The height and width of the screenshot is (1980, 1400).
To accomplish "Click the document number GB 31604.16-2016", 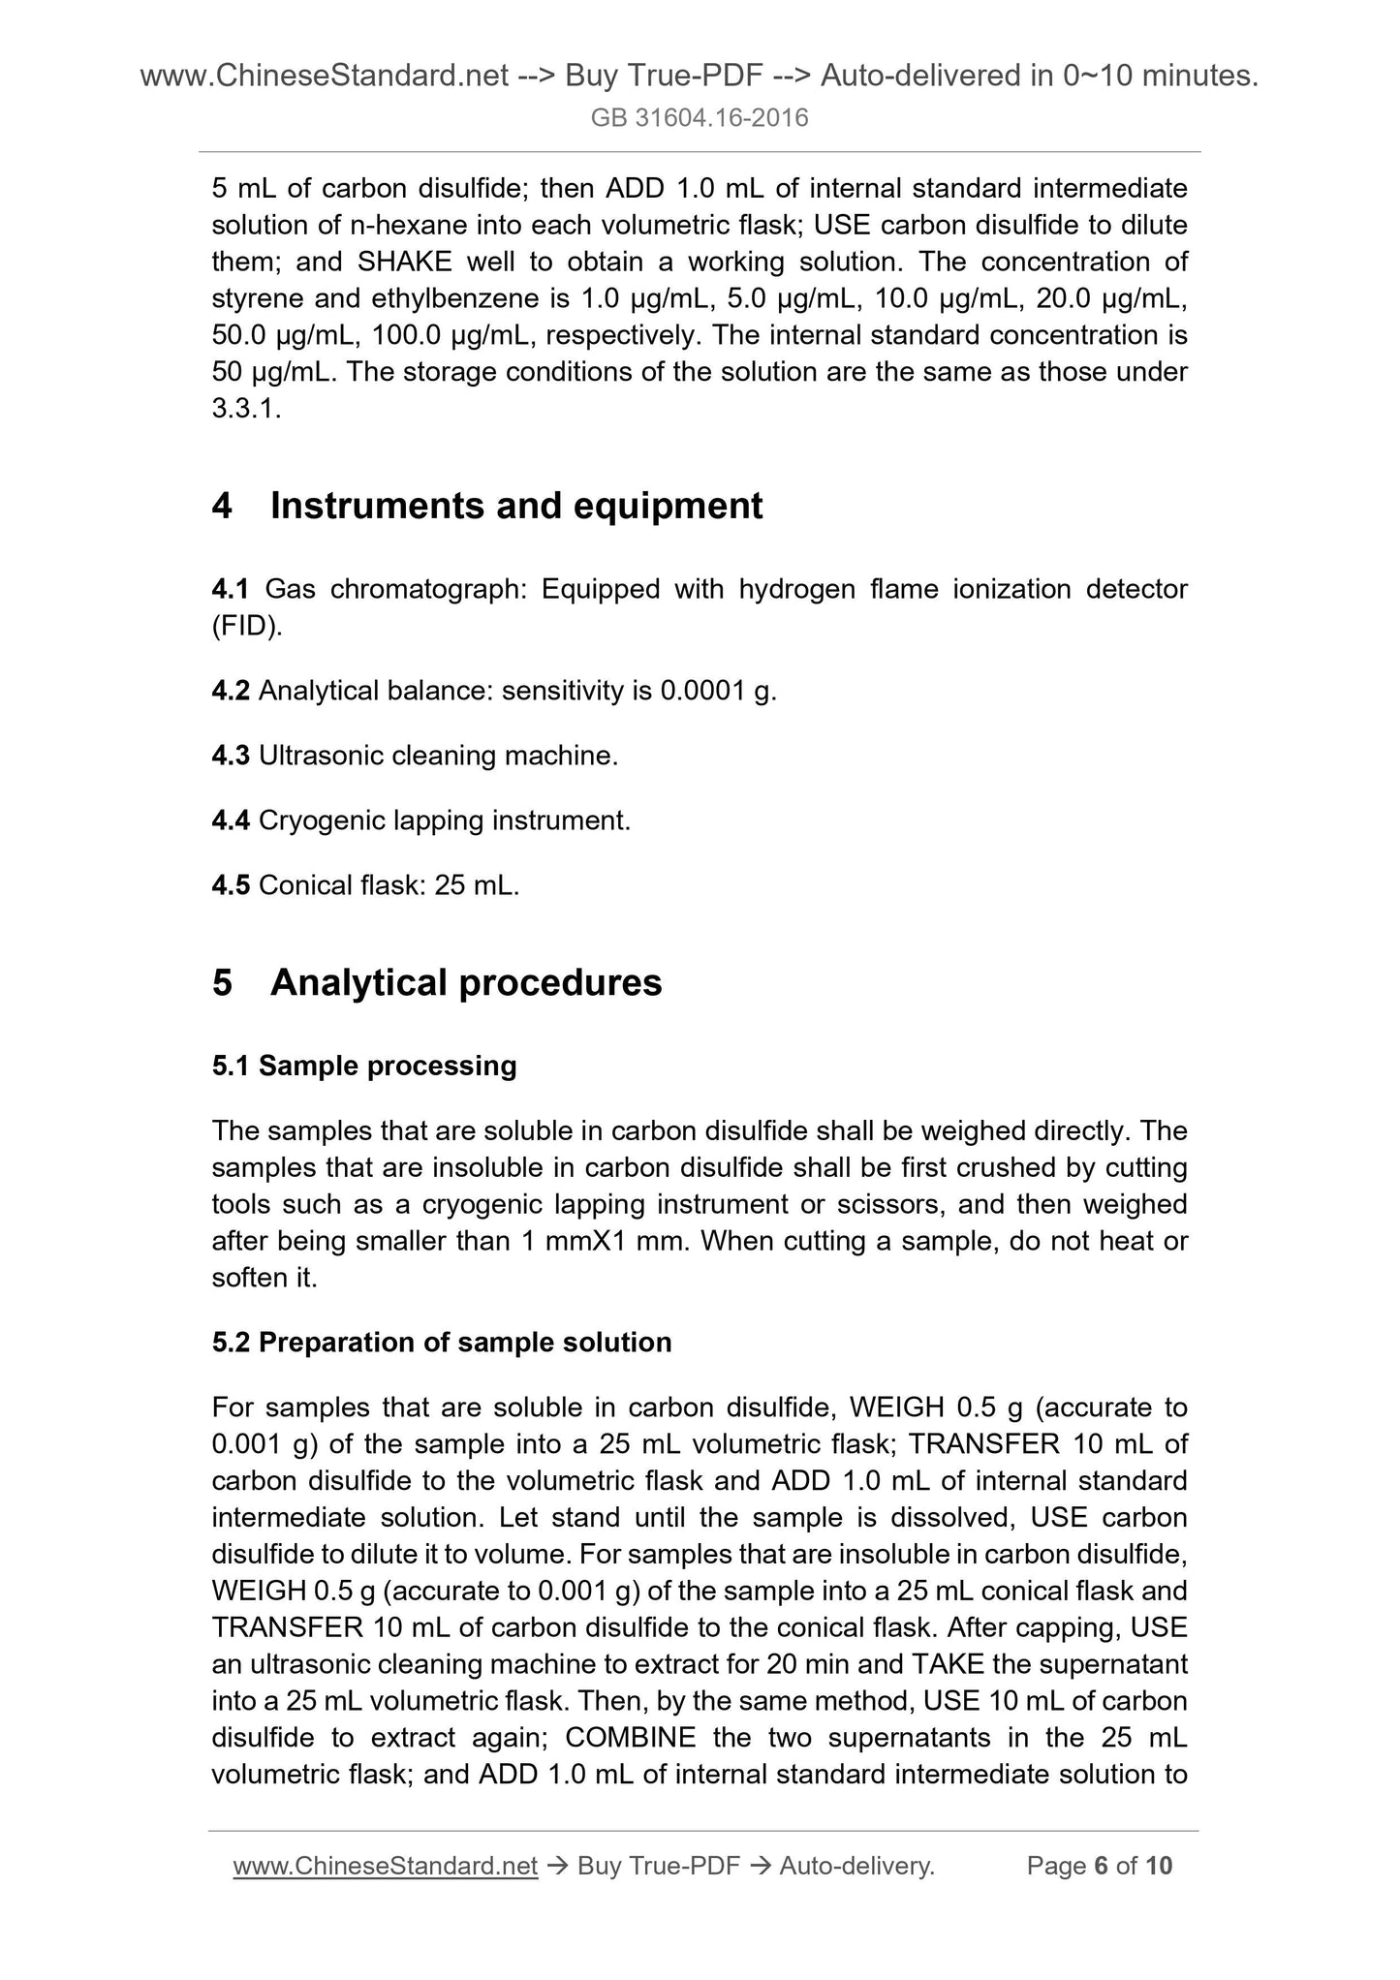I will pyautogui.click(x=700, y=118).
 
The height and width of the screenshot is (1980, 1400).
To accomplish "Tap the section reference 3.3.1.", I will pyautogui.click(x=246, y=409).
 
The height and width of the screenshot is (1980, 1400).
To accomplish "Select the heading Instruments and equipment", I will pyautogui.click(x=515, y=506).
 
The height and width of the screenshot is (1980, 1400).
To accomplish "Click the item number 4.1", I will pyautogui.click(x=231, y=589).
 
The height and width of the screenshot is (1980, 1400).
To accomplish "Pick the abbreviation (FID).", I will pyautogui.click(x=247, y=626).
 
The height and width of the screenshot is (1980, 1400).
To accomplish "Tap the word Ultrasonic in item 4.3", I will pyautogui.click(x=321, y=756).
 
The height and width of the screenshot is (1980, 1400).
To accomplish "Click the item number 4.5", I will pyautogui.click(x=231, y=885).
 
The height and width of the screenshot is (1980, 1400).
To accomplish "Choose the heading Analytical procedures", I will pyautogui.click(x=466, y=982).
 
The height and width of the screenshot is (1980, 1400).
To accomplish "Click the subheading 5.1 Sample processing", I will pyautogui.click(x=364, y=1066).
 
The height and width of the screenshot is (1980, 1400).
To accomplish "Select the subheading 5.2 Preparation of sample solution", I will pyautogui.click(x=442, y=1343).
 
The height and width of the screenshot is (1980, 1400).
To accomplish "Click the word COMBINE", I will pyautogui.click(x=630, y=1738).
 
